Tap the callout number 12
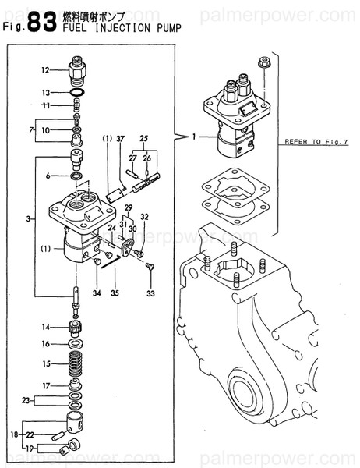click(45, 71)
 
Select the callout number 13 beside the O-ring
click(45, 92)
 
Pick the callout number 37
click(121, 139)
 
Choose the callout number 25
click(143, 139)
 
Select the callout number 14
click(46, 327)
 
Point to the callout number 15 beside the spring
click(46, 363)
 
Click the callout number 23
click(26, 401)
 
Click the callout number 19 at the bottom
click(30, 449)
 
